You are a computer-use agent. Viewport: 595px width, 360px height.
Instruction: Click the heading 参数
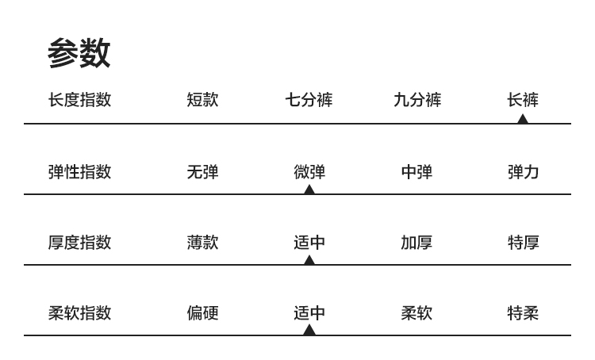coord(79,53)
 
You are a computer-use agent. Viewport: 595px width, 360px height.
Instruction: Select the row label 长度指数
coord(79,100)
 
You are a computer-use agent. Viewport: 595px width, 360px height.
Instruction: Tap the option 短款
coord(202,100)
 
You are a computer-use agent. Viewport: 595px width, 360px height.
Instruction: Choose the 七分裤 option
coord(309,100)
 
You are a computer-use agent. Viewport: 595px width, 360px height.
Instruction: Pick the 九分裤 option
coord(417,100)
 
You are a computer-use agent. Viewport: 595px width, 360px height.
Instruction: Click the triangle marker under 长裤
coord(522,119)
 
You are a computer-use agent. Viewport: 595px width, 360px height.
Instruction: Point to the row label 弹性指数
coord(79,171)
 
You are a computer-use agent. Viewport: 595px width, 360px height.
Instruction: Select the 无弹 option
coord(202,171)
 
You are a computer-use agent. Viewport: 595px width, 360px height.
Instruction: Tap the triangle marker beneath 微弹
coord(309,190)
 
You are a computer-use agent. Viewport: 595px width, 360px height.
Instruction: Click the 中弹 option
coord(416,171)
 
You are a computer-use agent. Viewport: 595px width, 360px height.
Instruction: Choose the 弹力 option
coord(523,171)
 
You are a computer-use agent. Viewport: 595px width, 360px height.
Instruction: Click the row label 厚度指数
coord(79,243)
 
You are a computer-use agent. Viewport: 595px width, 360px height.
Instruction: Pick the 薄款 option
coord(202,243)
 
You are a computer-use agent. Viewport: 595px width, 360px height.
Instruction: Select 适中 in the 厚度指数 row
coord(309,243)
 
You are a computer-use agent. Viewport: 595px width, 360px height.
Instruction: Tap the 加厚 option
coord(416,243)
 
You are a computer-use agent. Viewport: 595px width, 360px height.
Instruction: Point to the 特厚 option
coord(523,243)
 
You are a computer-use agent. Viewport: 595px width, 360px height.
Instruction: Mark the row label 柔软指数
coord(79,313)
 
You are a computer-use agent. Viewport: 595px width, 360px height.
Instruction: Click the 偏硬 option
coord(202,313)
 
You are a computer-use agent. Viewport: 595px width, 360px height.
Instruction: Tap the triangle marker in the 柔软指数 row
coord(309,331)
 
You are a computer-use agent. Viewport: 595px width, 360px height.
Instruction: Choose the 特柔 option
coord(523,313)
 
